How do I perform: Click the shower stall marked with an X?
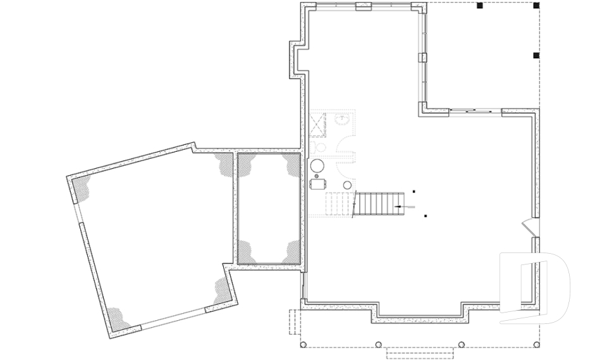pos(317,123)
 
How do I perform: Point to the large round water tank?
pos(317,166)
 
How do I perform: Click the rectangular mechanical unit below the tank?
pos(318,183)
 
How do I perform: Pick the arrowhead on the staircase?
pos(398,206)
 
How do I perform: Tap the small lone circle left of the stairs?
pos(348,184)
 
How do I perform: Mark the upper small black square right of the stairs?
pos(414,190)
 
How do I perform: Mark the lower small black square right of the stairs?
pos(426,216)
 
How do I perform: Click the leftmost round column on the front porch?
pos(303,345)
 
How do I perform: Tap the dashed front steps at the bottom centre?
pos(418,352)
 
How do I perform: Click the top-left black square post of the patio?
pos(480,6)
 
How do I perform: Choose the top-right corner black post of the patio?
pos(536,6)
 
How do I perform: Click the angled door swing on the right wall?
pos(527,225)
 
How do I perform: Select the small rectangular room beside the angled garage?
pos(268,209)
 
